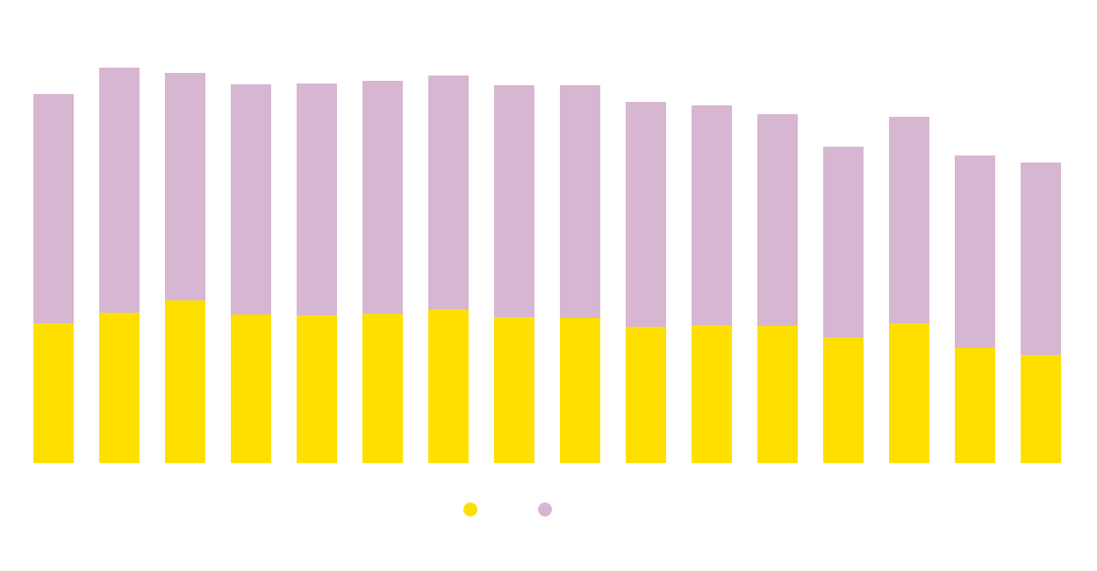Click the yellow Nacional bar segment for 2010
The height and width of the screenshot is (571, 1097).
(x=185, y=381)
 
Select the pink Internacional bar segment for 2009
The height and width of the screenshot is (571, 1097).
(x=119, y=190)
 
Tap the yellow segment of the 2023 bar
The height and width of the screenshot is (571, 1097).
(x=1041, y=408)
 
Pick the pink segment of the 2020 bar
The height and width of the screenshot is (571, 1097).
(x=843, y=242)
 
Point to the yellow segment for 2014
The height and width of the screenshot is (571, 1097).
(x=448, y=386)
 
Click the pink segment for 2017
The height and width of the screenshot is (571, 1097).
(x=646, y=214)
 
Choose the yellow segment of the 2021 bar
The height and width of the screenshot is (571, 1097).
(x=909, y=393)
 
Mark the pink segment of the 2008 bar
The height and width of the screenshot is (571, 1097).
(x=54, y=208)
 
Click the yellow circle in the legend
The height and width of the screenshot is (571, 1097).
(x=470, y=510)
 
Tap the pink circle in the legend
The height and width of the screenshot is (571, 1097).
(x=545, y=510)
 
